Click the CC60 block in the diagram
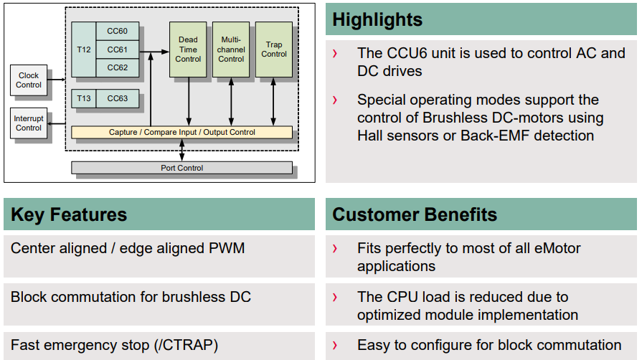118,31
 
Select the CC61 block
118,49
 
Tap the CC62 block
118,67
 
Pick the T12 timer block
84,49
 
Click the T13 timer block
84,98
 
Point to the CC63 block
118,98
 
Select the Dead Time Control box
188,49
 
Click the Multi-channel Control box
231,49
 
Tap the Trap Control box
274,49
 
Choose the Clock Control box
29,80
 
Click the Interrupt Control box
29,123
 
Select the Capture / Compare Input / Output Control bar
181,132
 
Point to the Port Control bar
181,168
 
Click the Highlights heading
377,19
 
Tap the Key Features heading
69,214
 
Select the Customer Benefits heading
415,214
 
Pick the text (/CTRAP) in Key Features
187,345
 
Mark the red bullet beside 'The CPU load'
335,297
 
